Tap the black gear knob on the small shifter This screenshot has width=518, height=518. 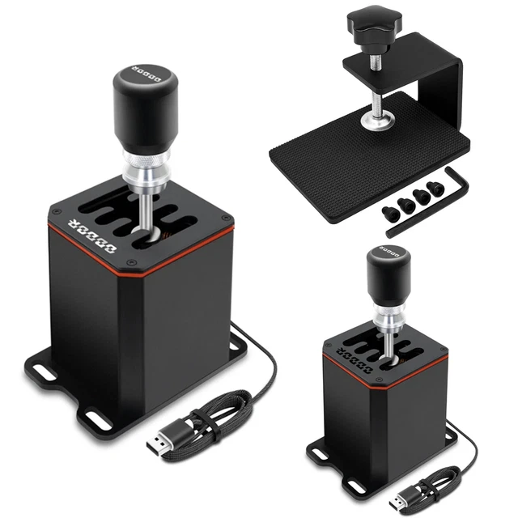point(388,273)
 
